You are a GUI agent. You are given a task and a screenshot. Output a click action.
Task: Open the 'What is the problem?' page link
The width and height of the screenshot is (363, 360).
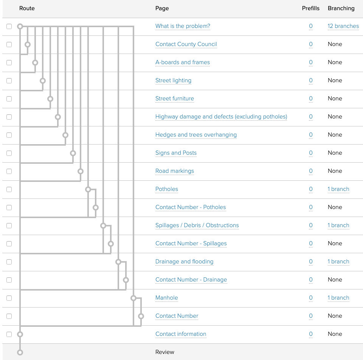click(183, 26)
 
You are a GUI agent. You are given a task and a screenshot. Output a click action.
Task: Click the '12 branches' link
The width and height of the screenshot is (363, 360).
click(343, 26)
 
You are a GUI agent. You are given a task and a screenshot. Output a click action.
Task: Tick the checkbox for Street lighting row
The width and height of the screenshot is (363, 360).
click(9, 81)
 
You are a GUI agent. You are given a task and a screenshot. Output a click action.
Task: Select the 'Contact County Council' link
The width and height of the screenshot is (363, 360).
click(186, 45)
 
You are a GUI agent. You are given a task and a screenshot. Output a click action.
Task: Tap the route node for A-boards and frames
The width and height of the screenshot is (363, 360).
click(35, 63)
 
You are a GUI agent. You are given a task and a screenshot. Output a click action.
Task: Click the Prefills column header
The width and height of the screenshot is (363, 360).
click(310, 8)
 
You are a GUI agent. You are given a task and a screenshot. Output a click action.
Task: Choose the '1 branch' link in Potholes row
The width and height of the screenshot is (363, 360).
click(338, 189)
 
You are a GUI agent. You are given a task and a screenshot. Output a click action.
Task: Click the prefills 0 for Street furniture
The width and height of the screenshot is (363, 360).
click(311, 99)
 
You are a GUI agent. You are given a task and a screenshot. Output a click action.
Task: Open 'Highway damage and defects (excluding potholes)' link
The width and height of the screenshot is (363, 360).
click(221, 117)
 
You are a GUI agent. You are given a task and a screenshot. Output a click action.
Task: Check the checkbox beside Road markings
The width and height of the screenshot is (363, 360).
click(9, 171)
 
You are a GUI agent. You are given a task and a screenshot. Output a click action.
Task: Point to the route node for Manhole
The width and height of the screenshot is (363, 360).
click(133, 298)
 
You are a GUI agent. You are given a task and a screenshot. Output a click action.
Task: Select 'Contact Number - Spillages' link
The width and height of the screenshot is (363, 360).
click(191, 244)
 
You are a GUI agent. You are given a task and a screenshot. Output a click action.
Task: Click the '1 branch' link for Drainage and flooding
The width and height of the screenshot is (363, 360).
click(338, 262)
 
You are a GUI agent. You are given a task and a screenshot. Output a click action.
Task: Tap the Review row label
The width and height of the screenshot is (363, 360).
click(165, 352)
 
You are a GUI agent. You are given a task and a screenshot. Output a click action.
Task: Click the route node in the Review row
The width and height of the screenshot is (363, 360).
click(20, 352)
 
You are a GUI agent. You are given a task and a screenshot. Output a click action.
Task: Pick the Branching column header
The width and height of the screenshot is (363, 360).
click(341, 8)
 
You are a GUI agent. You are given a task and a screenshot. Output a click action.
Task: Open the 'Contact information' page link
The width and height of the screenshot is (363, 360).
click(181, 334)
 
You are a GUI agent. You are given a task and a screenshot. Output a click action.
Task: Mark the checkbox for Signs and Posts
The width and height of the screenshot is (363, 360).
click(9, 153)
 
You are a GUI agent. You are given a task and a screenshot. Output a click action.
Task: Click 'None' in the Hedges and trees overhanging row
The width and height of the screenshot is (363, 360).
click(335, 135)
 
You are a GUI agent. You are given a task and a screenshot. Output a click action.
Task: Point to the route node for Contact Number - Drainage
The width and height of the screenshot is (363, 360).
click(126, 280)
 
